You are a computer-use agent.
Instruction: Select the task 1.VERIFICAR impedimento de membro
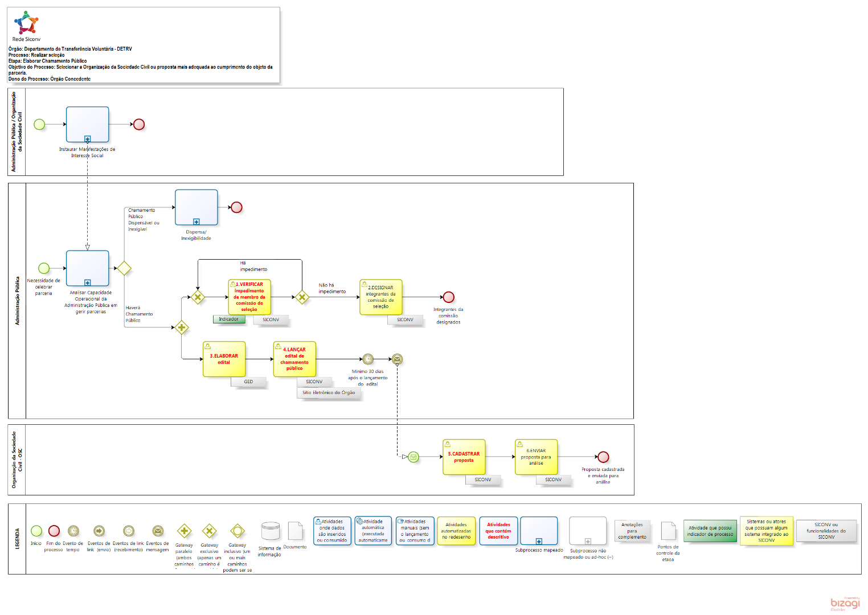pyautogui.click(x=249, y=297)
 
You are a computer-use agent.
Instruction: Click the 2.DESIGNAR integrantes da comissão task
pyautogui.click(x=380, y=297)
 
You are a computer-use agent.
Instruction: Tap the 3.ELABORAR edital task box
pyautogui.click(x=224, y=359)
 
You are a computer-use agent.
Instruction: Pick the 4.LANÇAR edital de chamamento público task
pyautogui.click(x=294, y=359)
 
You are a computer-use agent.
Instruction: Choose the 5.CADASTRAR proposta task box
pyautogui.click(x=464, y=457)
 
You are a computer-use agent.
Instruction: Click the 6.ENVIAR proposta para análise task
pyautogui.click(x=536, y=457)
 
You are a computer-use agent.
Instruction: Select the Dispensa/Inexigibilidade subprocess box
pyautogui.click(x=196, y=207)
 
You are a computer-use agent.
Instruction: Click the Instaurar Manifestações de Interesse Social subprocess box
pyautogui.click(x=87, y=124)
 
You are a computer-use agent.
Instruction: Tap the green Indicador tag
pyautogui.click(x=229, y=319)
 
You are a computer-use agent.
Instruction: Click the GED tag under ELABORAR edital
pyautogui.click(x=248, y=382)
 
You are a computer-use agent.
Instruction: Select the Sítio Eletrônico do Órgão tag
pyautogui.click(x=329, y=393)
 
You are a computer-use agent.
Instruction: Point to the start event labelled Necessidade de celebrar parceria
pyautogui.click(x=44, y=268)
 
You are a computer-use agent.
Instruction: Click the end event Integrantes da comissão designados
pyautogui.click(x=449, y=297)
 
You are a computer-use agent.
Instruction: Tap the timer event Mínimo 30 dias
pyautogui.click(x=368, y=359)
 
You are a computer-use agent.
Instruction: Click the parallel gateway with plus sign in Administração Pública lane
pyautogui.click(x=182, y=327)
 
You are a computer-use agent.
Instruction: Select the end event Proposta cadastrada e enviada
pyautogui.click(x=603, y=457)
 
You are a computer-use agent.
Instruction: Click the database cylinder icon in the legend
pyautogui.click(x=269, y=531)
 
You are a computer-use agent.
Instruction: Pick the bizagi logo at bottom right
pyautogui.click(x=845, y=604)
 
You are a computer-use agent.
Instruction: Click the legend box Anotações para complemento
pyautogui.click(x=632, y=531)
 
